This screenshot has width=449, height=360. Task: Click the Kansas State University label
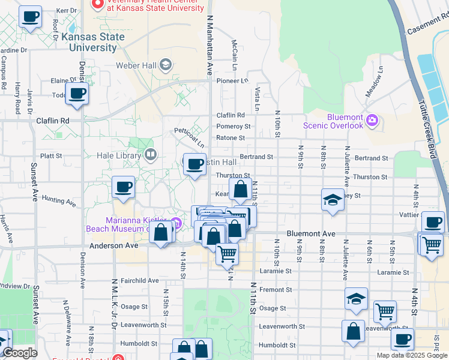(93, 42)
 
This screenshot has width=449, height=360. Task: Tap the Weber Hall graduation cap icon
(166, 64)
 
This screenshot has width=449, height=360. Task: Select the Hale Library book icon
(150, 155)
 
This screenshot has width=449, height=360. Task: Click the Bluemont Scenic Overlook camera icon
(372, 121)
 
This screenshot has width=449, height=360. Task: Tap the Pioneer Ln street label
(232, 80)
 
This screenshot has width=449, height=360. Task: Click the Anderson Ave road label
(113, 246)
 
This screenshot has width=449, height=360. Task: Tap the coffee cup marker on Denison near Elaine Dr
(76, 94)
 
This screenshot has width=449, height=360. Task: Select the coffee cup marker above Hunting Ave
(123, 187)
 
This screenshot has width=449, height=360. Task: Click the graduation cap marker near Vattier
(333, 200)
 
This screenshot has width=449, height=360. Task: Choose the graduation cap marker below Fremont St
(356, 298)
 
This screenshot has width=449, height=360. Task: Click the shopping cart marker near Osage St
(385, 311)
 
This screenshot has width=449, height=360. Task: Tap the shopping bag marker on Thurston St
(240, 189)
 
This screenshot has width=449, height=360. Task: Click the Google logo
(19, 353)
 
